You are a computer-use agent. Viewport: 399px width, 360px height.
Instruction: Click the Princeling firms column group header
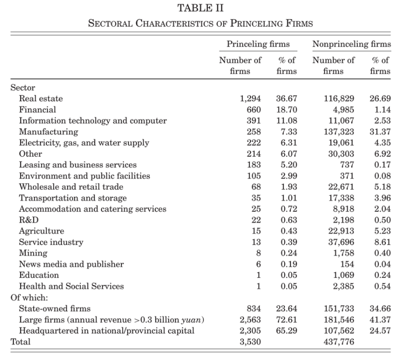(x=258, y=44)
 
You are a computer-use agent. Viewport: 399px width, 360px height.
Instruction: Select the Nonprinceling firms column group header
(x=351, y=44)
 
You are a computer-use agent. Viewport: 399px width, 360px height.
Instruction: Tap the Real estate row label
(x=41, y=98)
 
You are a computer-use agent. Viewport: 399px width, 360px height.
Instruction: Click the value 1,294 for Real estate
(x=250, y=98)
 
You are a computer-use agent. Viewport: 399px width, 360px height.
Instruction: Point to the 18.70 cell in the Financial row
(x=286, y=109)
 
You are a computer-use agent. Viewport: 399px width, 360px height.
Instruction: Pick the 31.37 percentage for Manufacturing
(x=380, y=132)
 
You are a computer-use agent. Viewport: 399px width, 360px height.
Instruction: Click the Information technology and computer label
(x=93, y=121)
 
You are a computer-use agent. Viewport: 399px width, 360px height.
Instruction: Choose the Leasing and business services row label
(x=78, y=165)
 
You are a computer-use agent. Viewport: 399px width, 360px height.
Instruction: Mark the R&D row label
(x=29, y=220)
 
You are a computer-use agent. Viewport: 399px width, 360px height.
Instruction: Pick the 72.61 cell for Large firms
(x=286, y=319)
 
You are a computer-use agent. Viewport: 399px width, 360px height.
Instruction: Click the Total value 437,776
(x=340, y=342)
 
